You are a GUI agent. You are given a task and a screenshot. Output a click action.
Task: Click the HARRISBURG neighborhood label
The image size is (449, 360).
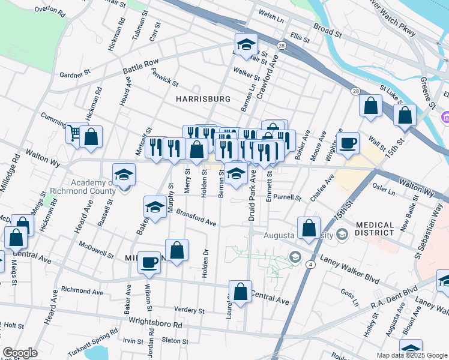(203, 98)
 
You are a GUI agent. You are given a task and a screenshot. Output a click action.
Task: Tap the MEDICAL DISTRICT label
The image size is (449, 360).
(375, 230)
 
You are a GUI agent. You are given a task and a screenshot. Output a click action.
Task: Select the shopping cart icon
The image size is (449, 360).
(74, 133)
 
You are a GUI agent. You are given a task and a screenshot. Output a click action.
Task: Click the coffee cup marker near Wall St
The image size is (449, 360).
(348, 143)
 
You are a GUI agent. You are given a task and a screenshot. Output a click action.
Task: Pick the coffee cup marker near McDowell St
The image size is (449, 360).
(149, 262)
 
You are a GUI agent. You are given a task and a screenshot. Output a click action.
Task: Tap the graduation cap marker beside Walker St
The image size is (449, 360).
(246, 45)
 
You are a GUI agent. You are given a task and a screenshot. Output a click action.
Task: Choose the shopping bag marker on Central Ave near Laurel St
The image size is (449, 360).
(240, 292)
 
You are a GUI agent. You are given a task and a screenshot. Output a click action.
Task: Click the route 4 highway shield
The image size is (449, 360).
(310, 264)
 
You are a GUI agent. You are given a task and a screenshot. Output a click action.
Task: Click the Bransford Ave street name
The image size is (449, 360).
(196, 219)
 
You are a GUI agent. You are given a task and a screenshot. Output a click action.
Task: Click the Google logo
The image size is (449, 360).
(20, 353)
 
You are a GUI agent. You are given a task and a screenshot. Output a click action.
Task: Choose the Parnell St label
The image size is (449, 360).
(286, 197)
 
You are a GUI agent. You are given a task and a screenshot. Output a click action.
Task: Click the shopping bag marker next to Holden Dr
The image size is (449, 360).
(176, 250)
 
